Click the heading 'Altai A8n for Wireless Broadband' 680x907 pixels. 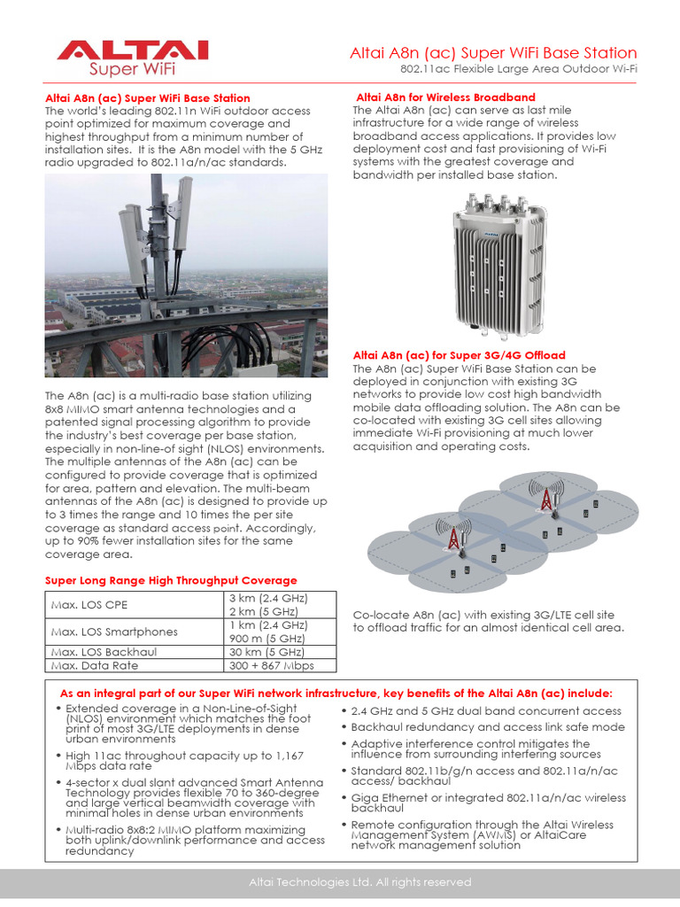pyautogui.click(x=444, y=97)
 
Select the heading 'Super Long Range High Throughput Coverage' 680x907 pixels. pyautogui.click(x=171, y=580)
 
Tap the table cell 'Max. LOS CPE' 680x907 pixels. pyautogui.click(x=89, y=606)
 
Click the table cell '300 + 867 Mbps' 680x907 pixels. pyautogui.click(x=271, y=665)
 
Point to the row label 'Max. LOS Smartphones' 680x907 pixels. pyautogui.click(x=114, y=632)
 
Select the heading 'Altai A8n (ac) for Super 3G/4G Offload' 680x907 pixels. pyautogui.click(x=459, y=355)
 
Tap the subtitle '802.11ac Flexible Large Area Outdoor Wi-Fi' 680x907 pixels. pyautogui.click(x=518, y=69)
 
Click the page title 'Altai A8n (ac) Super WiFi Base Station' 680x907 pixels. pyautogui.click(x=493, y=53)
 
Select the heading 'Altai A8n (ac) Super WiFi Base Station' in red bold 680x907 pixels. pyautogui.click(x=147, y=98)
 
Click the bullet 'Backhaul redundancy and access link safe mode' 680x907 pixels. pyautogui.click(x=488, y=726)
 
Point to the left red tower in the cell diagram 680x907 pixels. pyautogui.click(x=453, y=538)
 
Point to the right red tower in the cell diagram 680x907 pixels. pyautogui.click(x=546, y=499)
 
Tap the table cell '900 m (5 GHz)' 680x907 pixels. pyautogui.click(x=267, y=639)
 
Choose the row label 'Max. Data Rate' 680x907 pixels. pyautogui.click(x=95, y=665)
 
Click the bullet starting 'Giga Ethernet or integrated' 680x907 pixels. pyautogui.click(x=488, y=802)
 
